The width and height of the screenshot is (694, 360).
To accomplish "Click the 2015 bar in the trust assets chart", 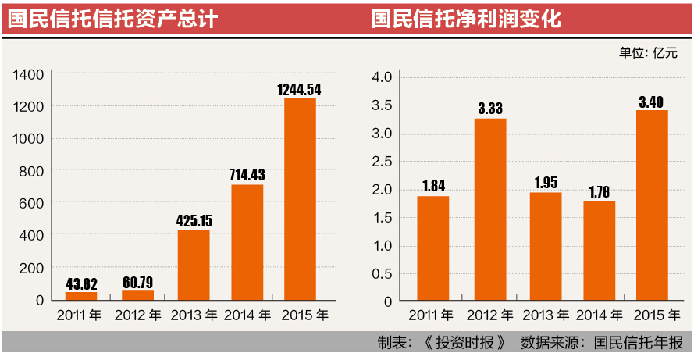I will tap(300, 198).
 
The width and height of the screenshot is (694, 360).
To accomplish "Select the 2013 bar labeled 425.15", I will tap(193, 265).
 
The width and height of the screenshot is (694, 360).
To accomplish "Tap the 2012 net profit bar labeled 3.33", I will tap(489, 209).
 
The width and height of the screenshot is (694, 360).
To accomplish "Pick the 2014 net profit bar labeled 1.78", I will tap(599, 251).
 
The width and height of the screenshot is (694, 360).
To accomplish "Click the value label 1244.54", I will tap(299, 89).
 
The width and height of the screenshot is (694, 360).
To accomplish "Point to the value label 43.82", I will tap(81, 283).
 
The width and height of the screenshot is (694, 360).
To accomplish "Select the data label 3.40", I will tap(652, 102).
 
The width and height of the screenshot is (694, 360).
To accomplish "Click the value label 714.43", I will tap(247, 176).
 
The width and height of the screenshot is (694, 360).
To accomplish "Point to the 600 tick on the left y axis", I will tap(32, 203).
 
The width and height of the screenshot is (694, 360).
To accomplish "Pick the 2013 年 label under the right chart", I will tap(546, 316).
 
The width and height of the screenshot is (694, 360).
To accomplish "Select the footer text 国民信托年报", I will tap(638, 343).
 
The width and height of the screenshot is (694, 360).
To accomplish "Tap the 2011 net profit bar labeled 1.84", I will tap(432, 248).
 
